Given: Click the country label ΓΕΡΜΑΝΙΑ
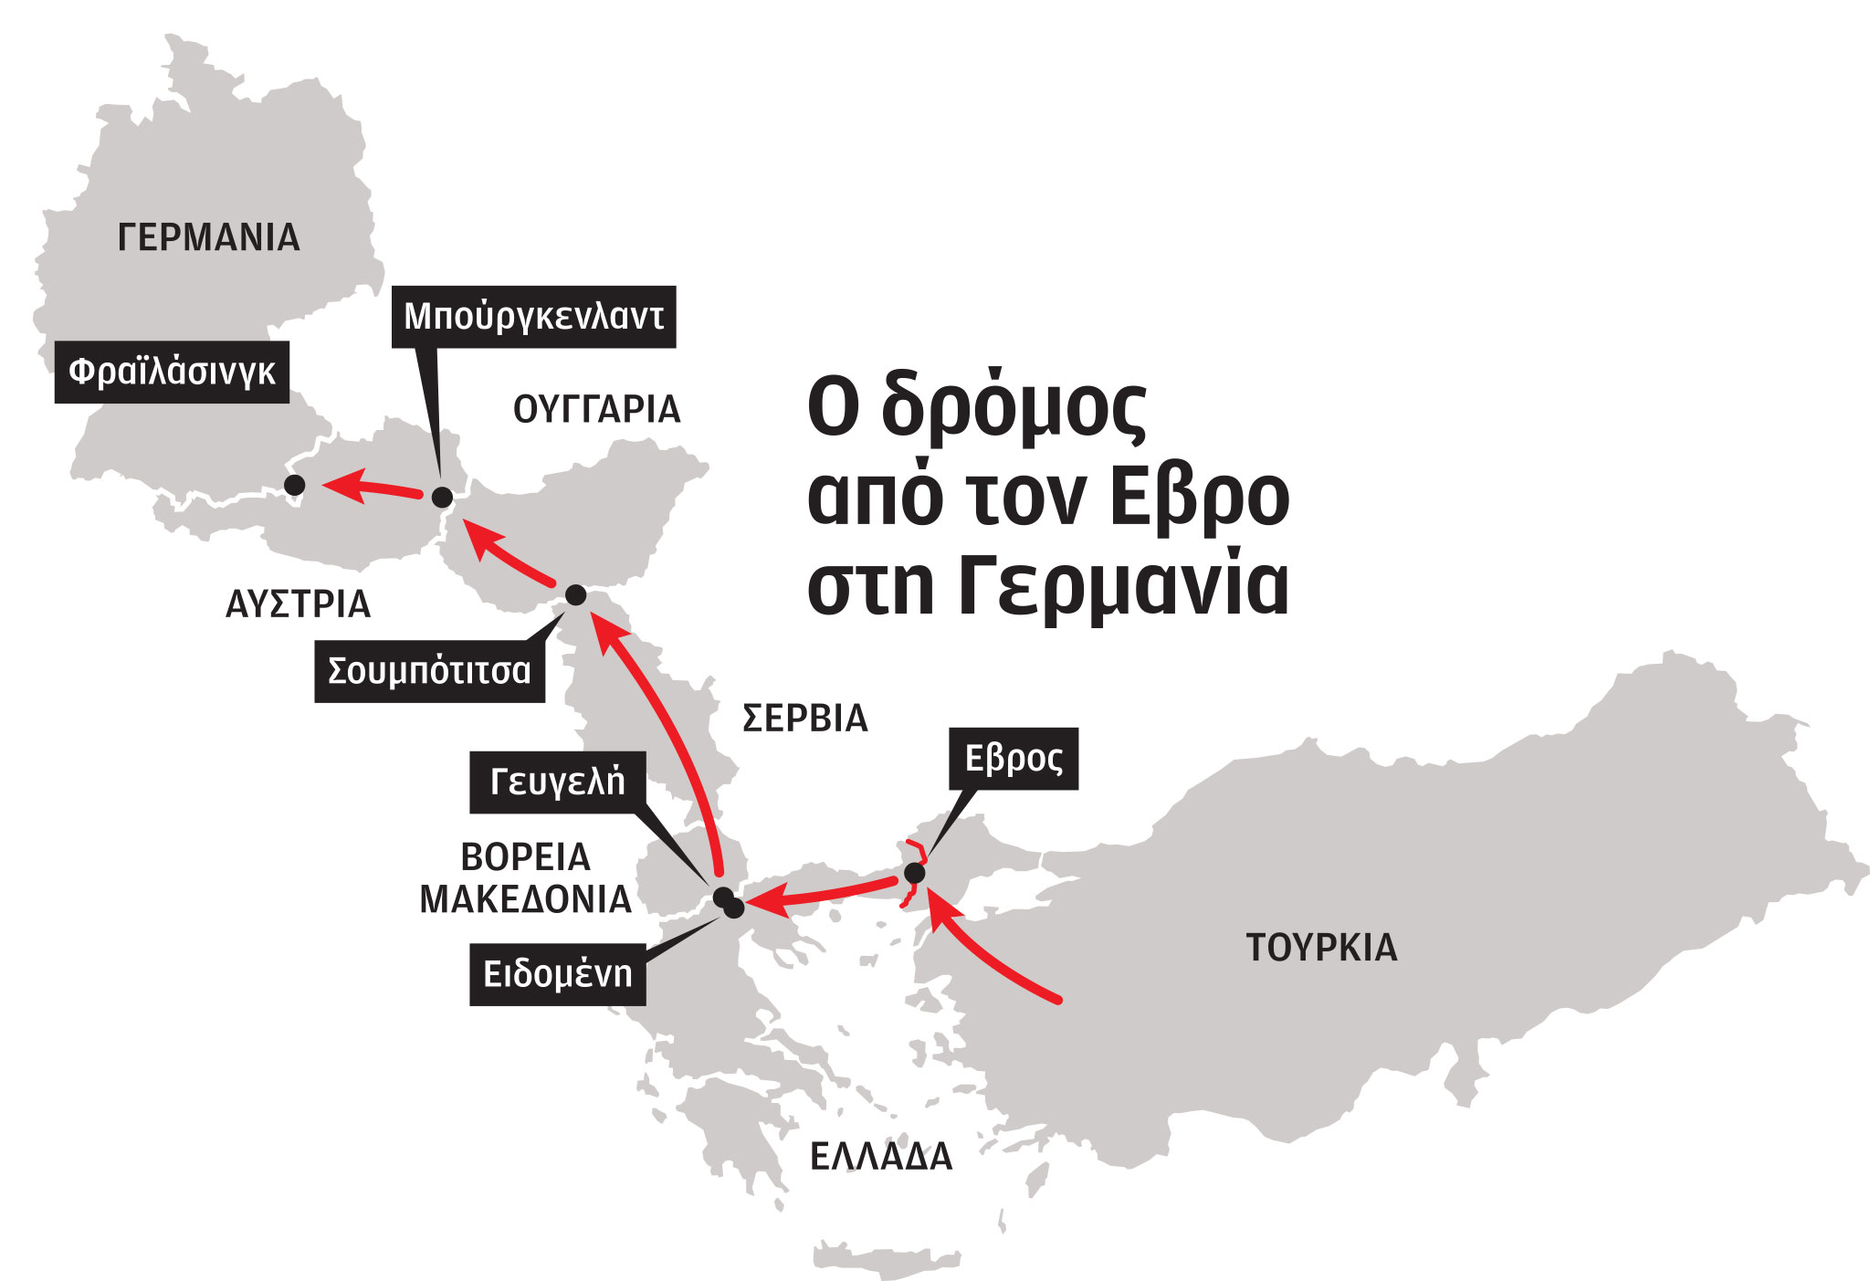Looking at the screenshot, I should point(209,238).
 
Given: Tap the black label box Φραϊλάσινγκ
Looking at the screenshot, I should point(172,373).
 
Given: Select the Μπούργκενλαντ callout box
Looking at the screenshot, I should point(533,317).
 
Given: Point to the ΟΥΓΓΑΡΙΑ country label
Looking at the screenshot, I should point(597,410).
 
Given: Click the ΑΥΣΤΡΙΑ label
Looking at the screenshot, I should point(298,604).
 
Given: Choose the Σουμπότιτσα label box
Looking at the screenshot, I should point(429,672).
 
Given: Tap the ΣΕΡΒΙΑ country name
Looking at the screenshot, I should point(804,719).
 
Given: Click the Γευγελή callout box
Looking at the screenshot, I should point(557,782).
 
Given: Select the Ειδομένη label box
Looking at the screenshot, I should point(557,975).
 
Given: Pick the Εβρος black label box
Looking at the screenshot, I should point(1014,759).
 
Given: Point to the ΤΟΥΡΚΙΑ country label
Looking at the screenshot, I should point(1321,948).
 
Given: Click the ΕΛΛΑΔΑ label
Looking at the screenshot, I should point(881,1158).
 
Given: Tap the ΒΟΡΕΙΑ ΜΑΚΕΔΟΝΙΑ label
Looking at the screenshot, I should point(525,878).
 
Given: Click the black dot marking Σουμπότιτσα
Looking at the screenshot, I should point(576,595).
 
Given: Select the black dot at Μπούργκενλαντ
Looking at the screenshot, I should point(442,498).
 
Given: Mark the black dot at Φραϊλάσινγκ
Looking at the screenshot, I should point(294,485).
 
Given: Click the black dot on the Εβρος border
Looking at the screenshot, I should point(914,874).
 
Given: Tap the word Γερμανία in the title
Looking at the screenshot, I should point(1124,587).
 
